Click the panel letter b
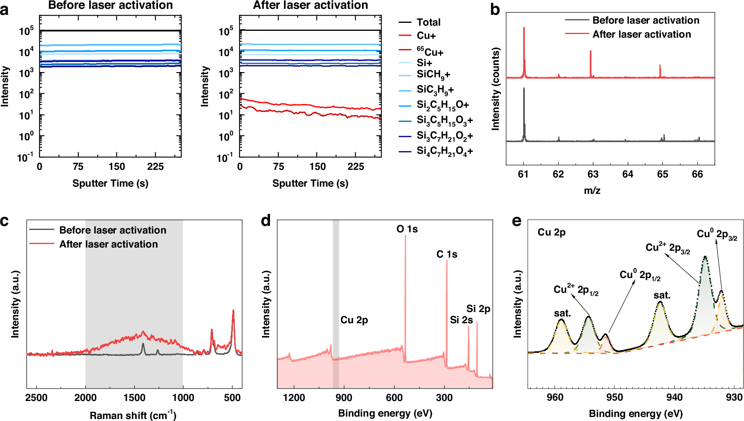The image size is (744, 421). pos(495,10)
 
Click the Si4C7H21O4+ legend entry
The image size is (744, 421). pos(444,151)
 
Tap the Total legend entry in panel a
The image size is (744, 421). pos(428,22)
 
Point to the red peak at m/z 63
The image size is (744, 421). pos(590,52)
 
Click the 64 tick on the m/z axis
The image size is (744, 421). pos(628,174)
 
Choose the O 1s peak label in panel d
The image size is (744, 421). pos(407,229)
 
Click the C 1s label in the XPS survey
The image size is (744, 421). pos(447,254)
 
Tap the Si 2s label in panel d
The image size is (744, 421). pos(461,320)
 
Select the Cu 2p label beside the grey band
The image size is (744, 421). pos(354,320)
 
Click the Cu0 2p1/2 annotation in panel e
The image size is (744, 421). pos(640,275)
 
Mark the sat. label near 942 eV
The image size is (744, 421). pos(662,296)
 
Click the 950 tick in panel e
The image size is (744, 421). pos(615,397)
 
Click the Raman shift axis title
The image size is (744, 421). pos(133,415)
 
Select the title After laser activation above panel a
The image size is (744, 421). pos(310,5)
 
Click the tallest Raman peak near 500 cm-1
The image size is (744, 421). pos(233,311)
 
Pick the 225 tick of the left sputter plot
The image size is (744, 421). pos(155,167)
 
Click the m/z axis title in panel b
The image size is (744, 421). pos(592,191)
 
